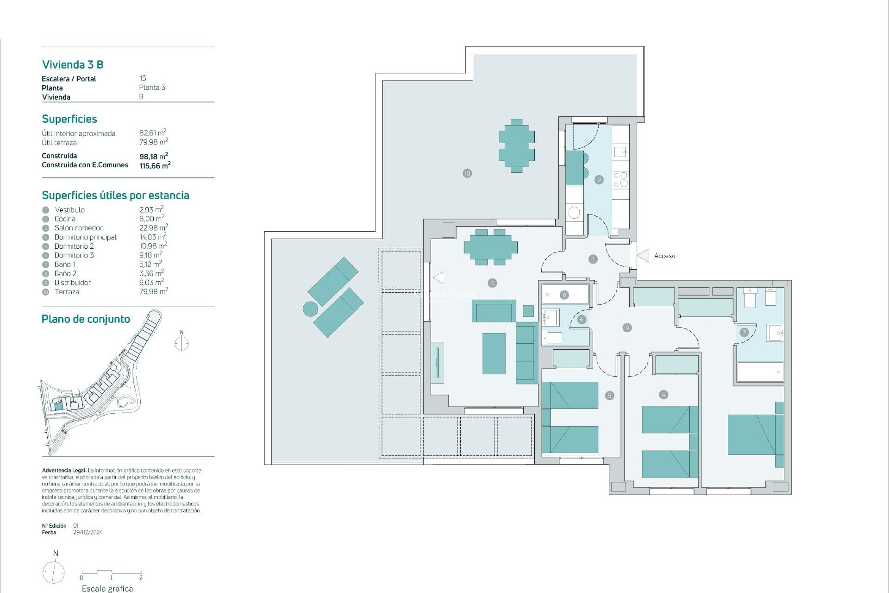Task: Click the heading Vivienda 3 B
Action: [x=73, y=64]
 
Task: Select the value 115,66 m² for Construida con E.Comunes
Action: [x=155, y=165]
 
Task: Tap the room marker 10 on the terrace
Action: [x=467, y=173]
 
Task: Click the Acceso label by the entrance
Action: [x=664, y=256]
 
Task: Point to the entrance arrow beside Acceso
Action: [x=643, y=256]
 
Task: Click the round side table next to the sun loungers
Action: [x=310, y=309]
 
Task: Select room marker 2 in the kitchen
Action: [x=599, y=180]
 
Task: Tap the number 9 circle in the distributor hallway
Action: [x=627, y=328]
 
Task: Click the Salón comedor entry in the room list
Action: [x=78, y=228]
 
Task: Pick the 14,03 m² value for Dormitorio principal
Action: [x=153, y=237]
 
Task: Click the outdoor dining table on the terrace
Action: [x=517, y=146]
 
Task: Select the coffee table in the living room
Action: [x=494, y=353]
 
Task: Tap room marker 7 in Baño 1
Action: [x=744, y=332]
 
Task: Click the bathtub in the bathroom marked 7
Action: [x=760, y=372]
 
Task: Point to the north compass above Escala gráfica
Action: [x=54, y=572]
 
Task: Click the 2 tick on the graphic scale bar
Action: [x=141, y=578]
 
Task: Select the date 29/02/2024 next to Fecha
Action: [x=88, y=532]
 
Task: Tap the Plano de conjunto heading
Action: [x=86, y=319]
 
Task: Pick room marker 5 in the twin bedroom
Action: [x=609, y=395]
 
